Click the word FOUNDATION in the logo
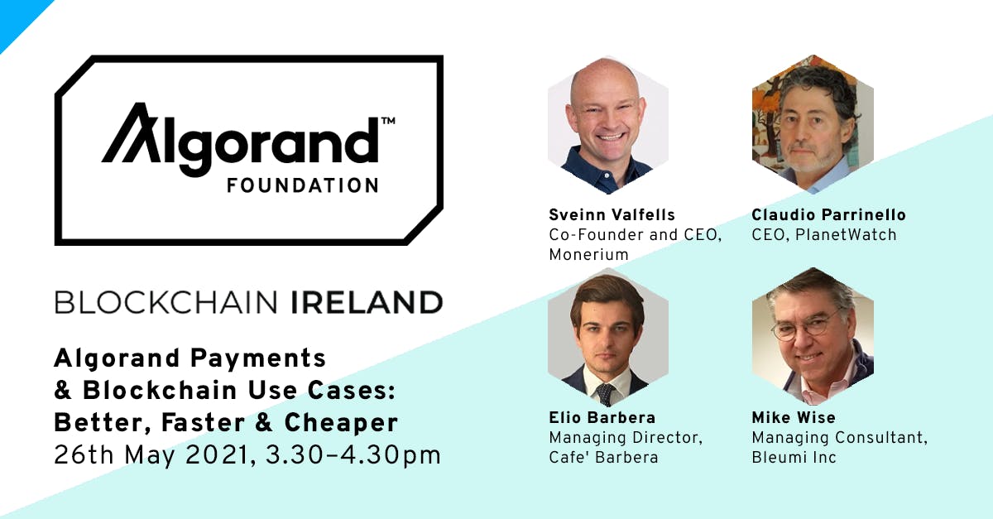303,185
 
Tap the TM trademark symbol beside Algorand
388,121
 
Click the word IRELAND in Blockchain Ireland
367,302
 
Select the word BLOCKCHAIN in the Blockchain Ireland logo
165,302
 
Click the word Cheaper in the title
341,424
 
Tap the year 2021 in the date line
216,455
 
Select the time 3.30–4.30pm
353,456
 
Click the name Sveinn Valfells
612,215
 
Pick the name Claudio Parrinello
828,215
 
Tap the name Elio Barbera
602,418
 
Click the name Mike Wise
794,418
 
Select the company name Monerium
588,255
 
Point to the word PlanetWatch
846,235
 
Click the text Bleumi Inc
794,458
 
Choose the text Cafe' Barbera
603,458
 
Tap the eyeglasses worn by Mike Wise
804,329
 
